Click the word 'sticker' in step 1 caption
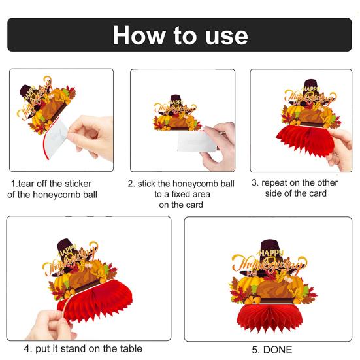pyautogui.click(x=78, y=184)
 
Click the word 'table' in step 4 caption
pyautogui.click(x=131, y=348)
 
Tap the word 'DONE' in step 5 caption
pyautogui.click(x=278, y=350)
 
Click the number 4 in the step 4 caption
pyautogui.click(x=27, y=349)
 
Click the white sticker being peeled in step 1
pyautogui.click(x=56, y=137)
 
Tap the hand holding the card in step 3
pyautogui.click(x=340, y=149)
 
